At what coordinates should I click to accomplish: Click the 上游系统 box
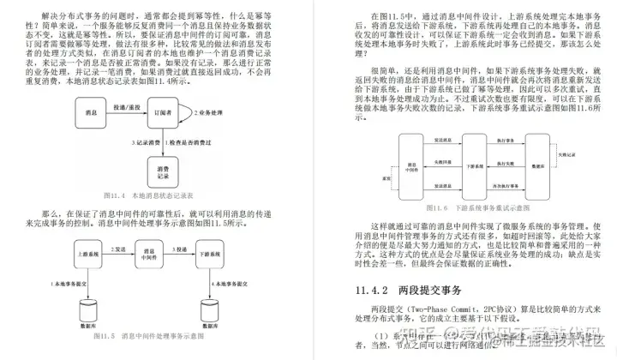pos(86,254)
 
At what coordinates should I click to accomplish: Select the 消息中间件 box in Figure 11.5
pos(146,254)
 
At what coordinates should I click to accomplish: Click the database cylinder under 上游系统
pos(86,309)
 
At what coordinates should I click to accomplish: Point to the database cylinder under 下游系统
pos(208,309)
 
